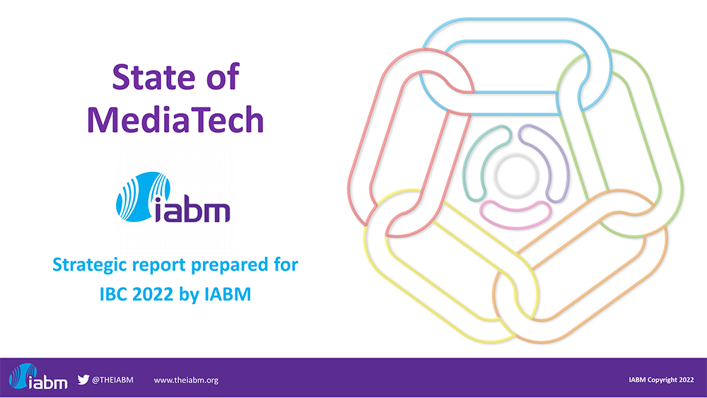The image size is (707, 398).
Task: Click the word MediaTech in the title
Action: pos(175,119)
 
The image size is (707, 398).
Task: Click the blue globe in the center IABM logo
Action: pos(144,197)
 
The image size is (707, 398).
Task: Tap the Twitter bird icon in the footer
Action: pos(83,380)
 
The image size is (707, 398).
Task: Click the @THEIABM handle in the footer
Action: pos(112,380)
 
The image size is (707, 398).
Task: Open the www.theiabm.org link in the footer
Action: pos(186,380)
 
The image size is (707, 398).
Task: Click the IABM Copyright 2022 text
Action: pos(661,380)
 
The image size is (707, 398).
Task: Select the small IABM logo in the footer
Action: pos(38,377)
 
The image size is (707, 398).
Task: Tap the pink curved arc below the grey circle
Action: pos(515,216)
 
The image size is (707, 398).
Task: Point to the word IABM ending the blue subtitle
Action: pos(228,294)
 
